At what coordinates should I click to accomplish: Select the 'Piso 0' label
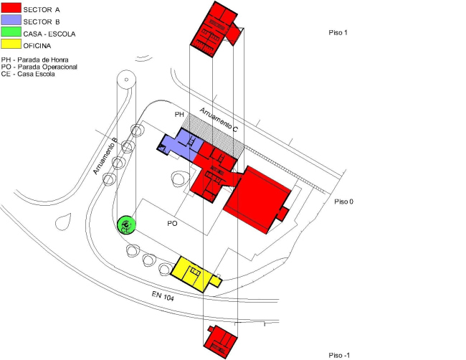point(344,202)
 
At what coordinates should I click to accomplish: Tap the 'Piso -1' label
point(340,355)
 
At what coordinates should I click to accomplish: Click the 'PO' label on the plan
point(172,224)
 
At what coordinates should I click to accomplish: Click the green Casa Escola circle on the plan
point(126,224)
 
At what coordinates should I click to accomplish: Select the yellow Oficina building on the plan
point(192,273)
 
